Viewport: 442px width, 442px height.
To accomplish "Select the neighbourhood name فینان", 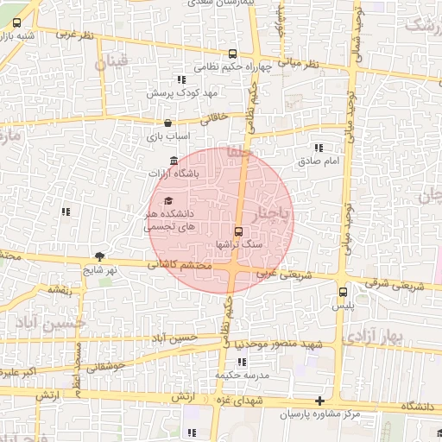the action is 111,61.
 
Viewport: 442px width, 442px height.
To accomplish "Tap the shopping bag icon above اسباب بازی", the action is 167,123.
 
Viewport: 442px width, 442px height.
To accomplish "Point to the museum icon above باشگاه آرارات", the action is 174,161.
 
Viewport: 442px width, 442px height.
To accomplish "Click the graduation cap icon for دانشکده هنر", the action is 167,200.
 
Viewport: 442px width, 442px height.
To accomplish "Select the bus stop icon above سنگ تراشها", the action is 239,231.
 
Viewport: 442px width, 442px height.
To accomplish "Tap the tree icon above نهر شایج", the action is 99,256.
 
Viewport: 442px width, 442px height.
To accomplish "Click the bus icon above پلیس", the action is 344,292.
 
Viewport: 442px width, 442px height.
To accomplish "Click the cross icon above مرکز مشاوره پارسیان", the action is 320,401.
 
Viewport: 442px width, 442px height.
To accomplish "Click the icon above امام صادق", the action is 320,148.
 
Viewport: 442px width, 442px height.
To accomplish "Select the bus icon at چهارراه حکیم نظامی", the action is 231,53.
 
